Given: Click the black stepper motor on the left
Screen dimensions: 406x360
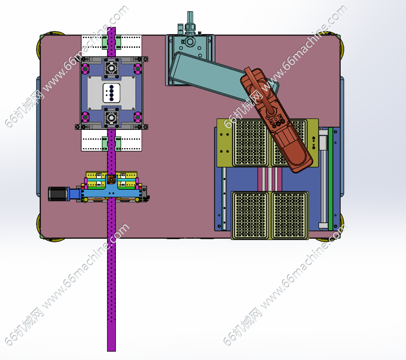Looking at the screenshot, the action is click(58, 194).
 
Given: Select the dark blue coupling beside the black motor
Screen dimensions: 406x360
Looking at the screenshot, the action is click(75, 194).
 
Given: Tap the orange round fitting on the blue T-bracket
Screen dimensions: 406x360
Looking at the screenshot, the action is click(111, 179).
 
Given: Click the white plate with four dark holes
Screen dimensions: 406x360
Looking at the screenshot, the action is click(111, 93).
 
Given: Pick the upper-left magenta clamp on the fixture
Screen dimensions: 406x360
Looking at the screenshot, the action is click(85, 69).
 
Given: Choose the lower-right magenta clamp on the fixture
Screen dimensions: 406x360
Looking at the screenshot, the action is click(138, 117).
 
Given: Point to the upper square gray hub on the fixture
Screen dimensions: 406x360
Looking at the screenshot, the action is click(111, 68).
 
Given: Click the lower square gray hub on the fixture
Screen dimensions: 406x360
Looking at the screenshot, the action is click(111, 118).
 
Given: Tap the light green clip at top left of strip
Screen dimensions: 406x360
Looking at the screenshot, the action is click(105, 42).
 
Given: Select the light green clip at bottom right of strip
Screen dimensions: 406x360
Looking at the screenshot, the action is click(118, 143).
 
